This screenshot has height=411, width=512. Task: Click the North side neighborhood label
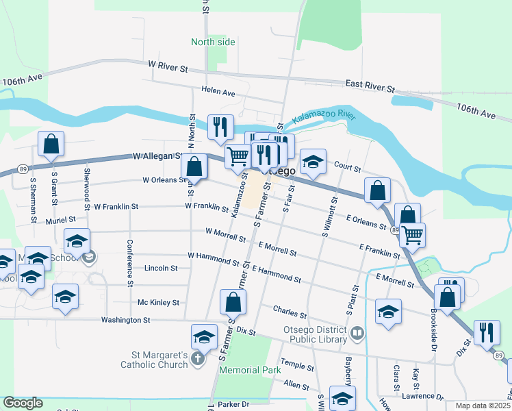tap(213, 42)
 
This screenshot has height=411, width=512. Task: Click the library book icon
tap(356, 334)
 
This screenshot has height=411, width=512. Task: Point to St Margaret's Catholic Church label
tap(159, 360)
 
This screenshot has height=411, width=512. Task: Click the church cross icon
tap(198, 359)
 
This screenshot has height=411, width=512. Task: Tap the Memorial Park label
tap(250, 370)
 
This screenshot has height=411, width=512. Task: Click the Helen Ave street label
tap(218, 91)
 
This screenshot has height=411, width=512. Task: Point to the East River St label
tap(370, 86)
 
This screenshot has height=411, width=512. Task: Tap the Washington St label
tap(125, 320)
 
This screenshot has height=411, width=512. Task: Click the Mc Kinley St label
tap(158, 302)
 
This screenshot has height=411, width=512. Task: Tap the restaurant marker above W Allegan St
tap(220, 127)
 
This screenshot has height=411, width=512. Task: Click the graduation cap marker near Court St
tap(313, 162)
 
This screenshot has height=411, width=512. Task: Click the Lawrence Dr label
tap(423, 396)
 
